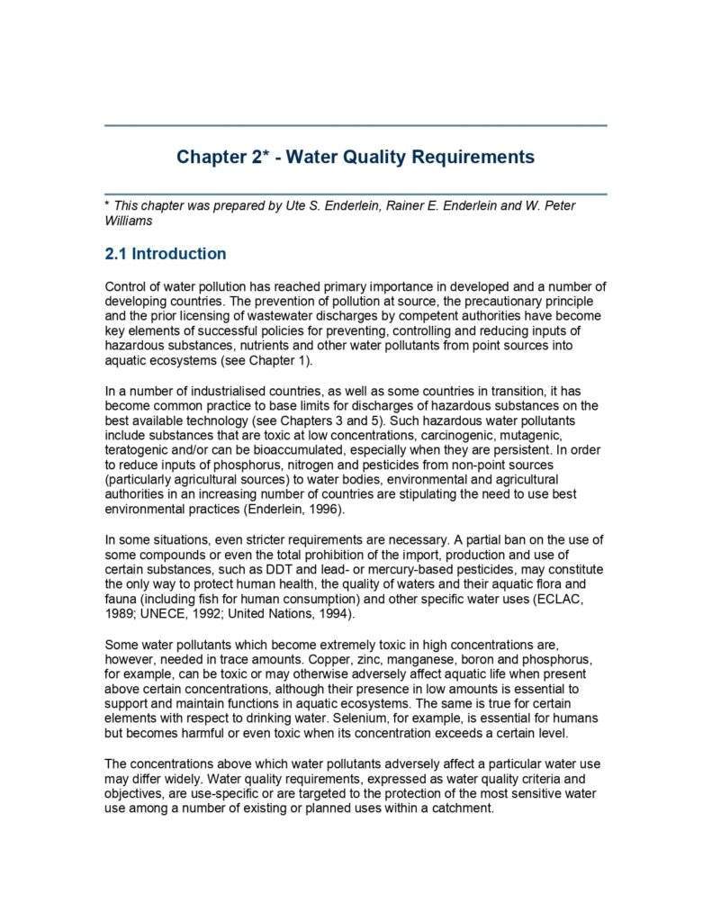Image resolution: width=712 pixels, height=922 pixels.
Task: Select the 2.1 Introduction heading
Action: click(166, 254)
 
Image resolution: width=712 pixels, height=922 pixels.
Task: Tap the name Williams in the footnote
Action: click(129, 221)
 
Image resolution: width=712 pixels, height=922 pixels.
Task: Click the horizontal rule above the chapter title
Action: click(356, 126)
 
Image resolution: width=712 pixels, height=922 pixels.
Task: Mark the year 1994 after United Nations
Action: click(338, 614)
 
